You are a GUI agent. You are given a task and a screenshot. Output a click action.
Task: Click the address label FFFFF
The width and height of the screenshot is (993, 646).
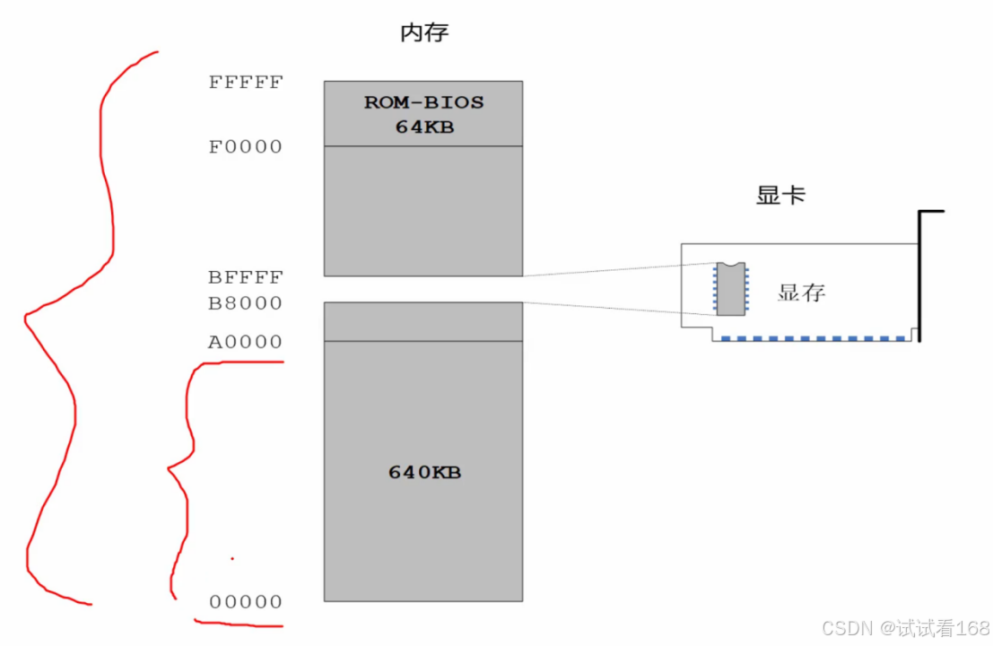246,83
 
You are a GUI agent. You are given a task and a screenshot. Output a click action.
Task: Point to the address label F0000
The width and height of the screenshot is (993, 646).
246,146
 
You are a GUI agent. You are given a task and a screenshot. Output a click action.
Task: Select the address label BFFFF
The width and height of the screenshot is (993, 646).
246,277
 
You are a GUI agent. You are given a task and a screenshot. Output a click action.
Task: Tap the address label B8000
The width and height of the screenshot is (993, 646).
246,303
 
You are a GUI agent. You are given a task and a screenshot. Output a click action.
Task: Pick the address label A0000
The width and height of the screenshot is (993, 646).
246,342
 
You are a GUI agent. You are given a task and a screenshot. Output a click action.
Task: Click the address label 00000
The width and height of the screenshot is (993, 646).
246,602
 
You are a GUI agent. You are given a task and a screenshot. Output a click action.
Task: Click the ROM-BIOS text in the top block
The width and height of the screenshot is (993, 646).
423,102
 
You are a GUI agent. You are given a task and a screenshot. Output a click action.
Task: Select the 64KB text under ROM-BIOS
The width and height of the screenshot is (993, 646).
424,127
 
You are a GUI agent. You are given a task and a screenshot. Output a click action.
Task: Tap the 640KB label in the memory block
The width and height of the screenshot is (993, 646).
424,472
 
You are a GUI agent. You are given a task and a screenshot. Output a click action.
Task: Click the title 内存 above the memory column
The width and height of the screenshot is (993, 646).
423,34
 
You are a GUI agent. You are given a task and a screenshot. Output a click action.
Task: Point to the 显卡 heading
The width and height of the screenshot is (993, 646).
780,196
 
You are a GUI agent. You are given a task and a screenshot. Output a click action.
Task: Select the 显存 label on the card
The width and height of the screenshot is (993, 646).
801,292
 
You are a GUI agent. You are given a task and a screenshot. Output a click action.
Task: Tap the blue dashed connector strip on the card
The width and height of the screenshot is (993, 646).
812,338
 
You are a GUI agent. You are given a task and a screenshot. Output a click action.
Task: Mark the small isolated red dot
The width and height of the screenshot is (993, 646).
232,558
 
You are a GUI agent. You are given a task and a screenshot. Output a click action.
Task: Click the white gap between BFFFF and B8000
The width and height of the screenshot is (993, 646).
422,289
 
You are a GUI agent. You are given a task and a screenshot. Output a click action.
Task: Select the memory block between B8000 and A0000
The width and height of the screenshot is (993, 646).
422,321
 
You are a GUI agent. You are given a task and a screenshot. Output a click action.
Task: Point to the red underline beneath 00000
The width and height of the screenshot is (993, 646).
239,624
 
